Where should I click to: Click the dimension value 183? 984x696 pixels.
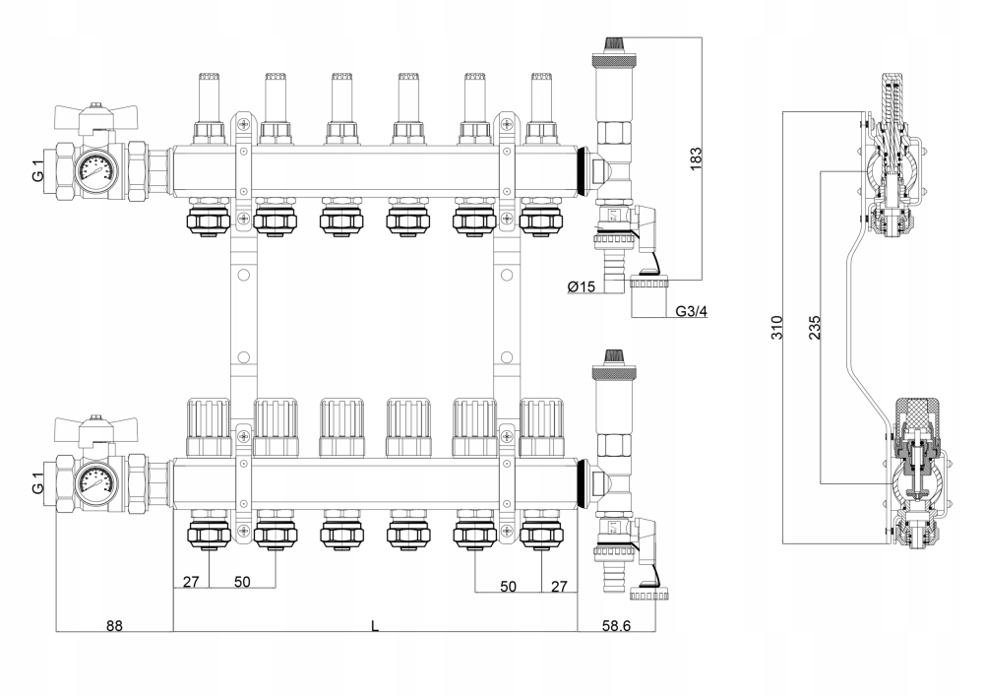click(x=696, y=159)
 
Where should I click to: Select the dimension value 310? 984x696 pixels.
click(x=777, y=328)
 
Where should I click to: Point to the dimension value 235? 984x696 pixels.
click(x=814, y=328)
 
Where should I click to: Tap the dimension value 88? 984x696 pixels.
click(x=114, y=626)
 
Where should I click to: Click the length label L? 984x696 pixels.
click(x=375, y=626)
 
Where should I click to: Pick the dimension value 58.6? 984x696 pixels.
click(x=616, y=626)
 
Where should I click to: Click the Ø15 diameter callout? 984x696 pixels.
click(x=581, y=286)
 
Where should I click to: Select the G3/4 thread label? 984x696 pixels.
click(x=692, y=311)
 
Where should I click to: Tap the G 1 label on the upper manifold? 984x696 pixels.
click(x=38, y=169)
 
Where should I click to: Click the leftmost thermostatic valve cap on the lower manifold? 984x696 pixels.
click(x=209, y=427)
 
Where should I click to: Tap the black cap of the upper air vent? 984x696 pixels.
click(x=612, y=44)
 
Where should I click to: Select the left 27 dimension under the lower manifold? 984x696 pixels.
click(x=191, y=582)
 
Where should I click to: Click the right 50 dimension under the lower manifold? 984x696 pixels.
click(x=509, y=586)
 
